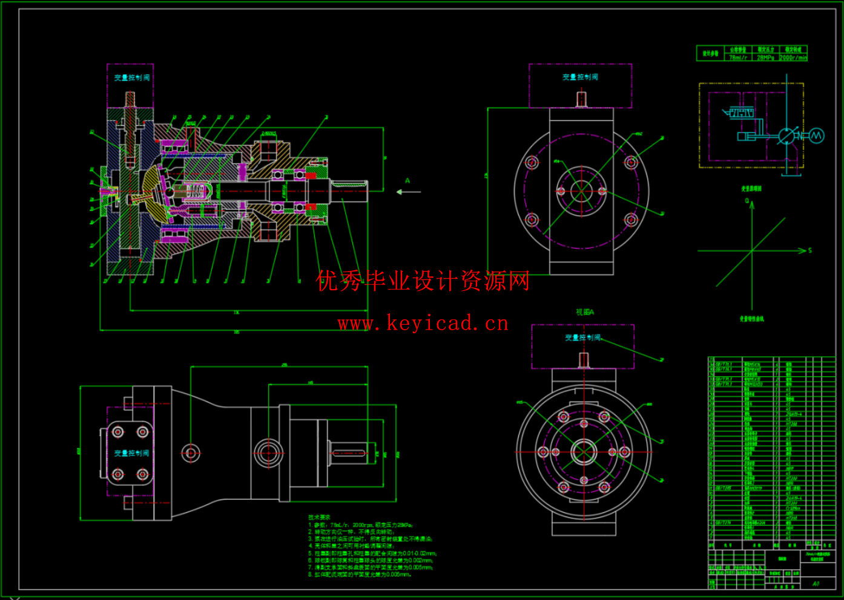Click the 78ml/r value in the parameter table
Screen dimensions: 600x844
(737, 57)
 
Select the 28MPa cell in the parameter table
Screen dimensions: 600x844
(765, 57)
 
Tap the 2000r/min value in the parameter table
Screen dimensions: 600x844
(793, 57)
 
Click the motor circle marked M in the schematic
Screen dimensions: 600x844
(816, 136)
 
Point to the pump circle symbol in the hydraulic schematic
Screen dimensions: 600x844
(786, 136)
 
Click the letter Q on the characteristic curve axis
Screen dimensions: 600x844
(747, 201)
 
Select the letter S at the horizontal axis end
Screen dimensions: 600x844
(810, 250)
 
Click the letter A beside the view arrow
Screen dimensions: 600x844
(407, 181)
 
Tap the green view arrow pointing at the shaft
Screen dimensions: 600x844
(408, 192)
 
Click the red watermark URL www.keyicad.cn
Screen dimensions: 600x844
(423, 324)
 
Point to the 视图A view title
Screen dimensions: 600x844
(585, 312)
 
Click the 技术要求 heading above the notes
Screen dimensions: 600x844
(319, 518)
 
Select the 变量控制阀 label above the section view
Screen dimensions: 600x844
(131, 78)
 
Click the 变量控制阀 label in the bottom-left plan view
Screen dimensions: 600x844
(131, 453)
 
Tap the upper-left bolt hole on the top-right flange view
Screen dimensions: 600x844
(532, 163)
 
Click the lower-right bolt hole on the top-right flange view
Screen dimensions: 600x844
(631, 220)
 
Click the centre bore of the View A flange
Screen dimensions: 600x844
(584, 452)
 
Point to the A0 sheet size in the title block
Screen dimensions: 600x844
(816, 584)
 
